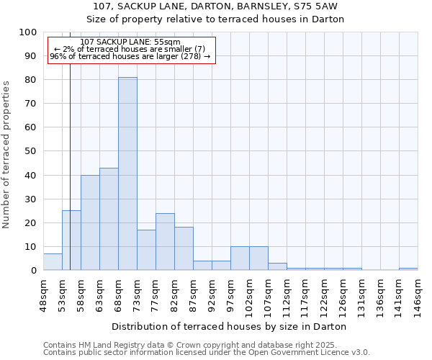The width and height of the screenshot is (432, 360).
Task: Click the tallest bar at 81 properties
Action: (127, 174)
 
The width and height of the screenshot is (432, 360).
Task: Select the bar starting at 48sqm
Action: (53, 262)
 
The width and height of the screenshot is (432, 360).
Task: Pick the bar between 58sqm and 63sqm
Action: (90, 222)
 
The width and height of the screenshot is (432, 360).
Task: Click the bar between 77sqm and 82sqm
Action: (165, 242)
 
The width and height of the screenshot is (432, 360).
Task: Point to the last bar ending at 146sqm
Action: (408, 269)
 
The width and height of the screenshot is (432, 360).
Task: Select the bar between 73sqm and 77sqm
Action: (146, 250)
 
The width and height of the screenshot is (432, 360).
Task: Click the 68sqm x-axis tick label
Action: (118, 294)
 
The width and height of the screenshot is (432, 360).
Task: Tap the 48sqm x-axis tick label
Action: (43, 294)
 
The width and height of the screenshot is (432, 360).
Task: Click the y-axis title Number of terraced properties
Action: (7, 154)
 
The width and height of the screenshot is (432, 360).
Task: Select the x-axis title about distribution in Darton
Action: (230, 326)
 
